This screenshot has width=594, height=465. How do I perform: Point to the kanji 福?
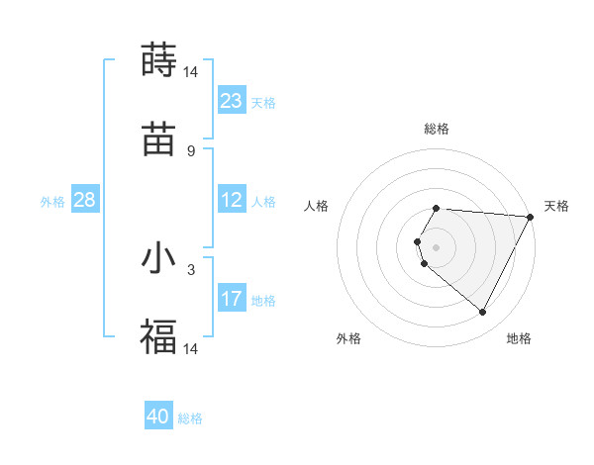[158, 336]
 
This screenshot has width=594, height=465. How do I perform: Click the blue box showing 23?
[232, 101]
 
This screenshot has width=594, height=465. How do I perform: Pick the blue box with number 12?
[232, 200]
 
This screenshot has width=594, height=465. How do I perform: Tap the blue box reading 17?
[232, 299]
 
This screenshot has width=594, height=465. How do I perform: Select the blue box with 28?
[85, 200]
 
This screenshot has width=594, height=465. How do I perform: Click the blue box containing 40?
[158, 417]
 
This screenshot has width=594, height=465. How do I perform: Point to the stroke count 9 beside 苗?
[190, 151]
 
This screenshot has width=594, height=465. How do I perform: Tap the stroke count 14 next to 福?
[191, 349]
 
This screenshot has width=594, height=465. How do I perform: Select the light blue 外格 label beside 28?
[52, 201]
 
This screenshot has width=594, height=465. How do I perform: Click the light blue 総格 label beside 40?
[190, 418]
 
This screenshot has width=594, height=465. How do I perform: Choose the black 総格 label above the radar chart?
[437, 129]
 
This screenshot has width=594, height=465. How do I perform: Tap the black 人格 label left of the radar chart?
[317, 206]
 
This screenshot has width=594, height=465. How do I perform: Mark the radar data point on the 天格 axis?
[531, 217]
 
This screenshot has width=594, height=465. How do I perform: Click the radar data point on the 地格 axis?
[483, 313]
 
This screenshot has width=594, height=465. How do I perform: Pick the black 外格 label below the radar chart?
[348, 338]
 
